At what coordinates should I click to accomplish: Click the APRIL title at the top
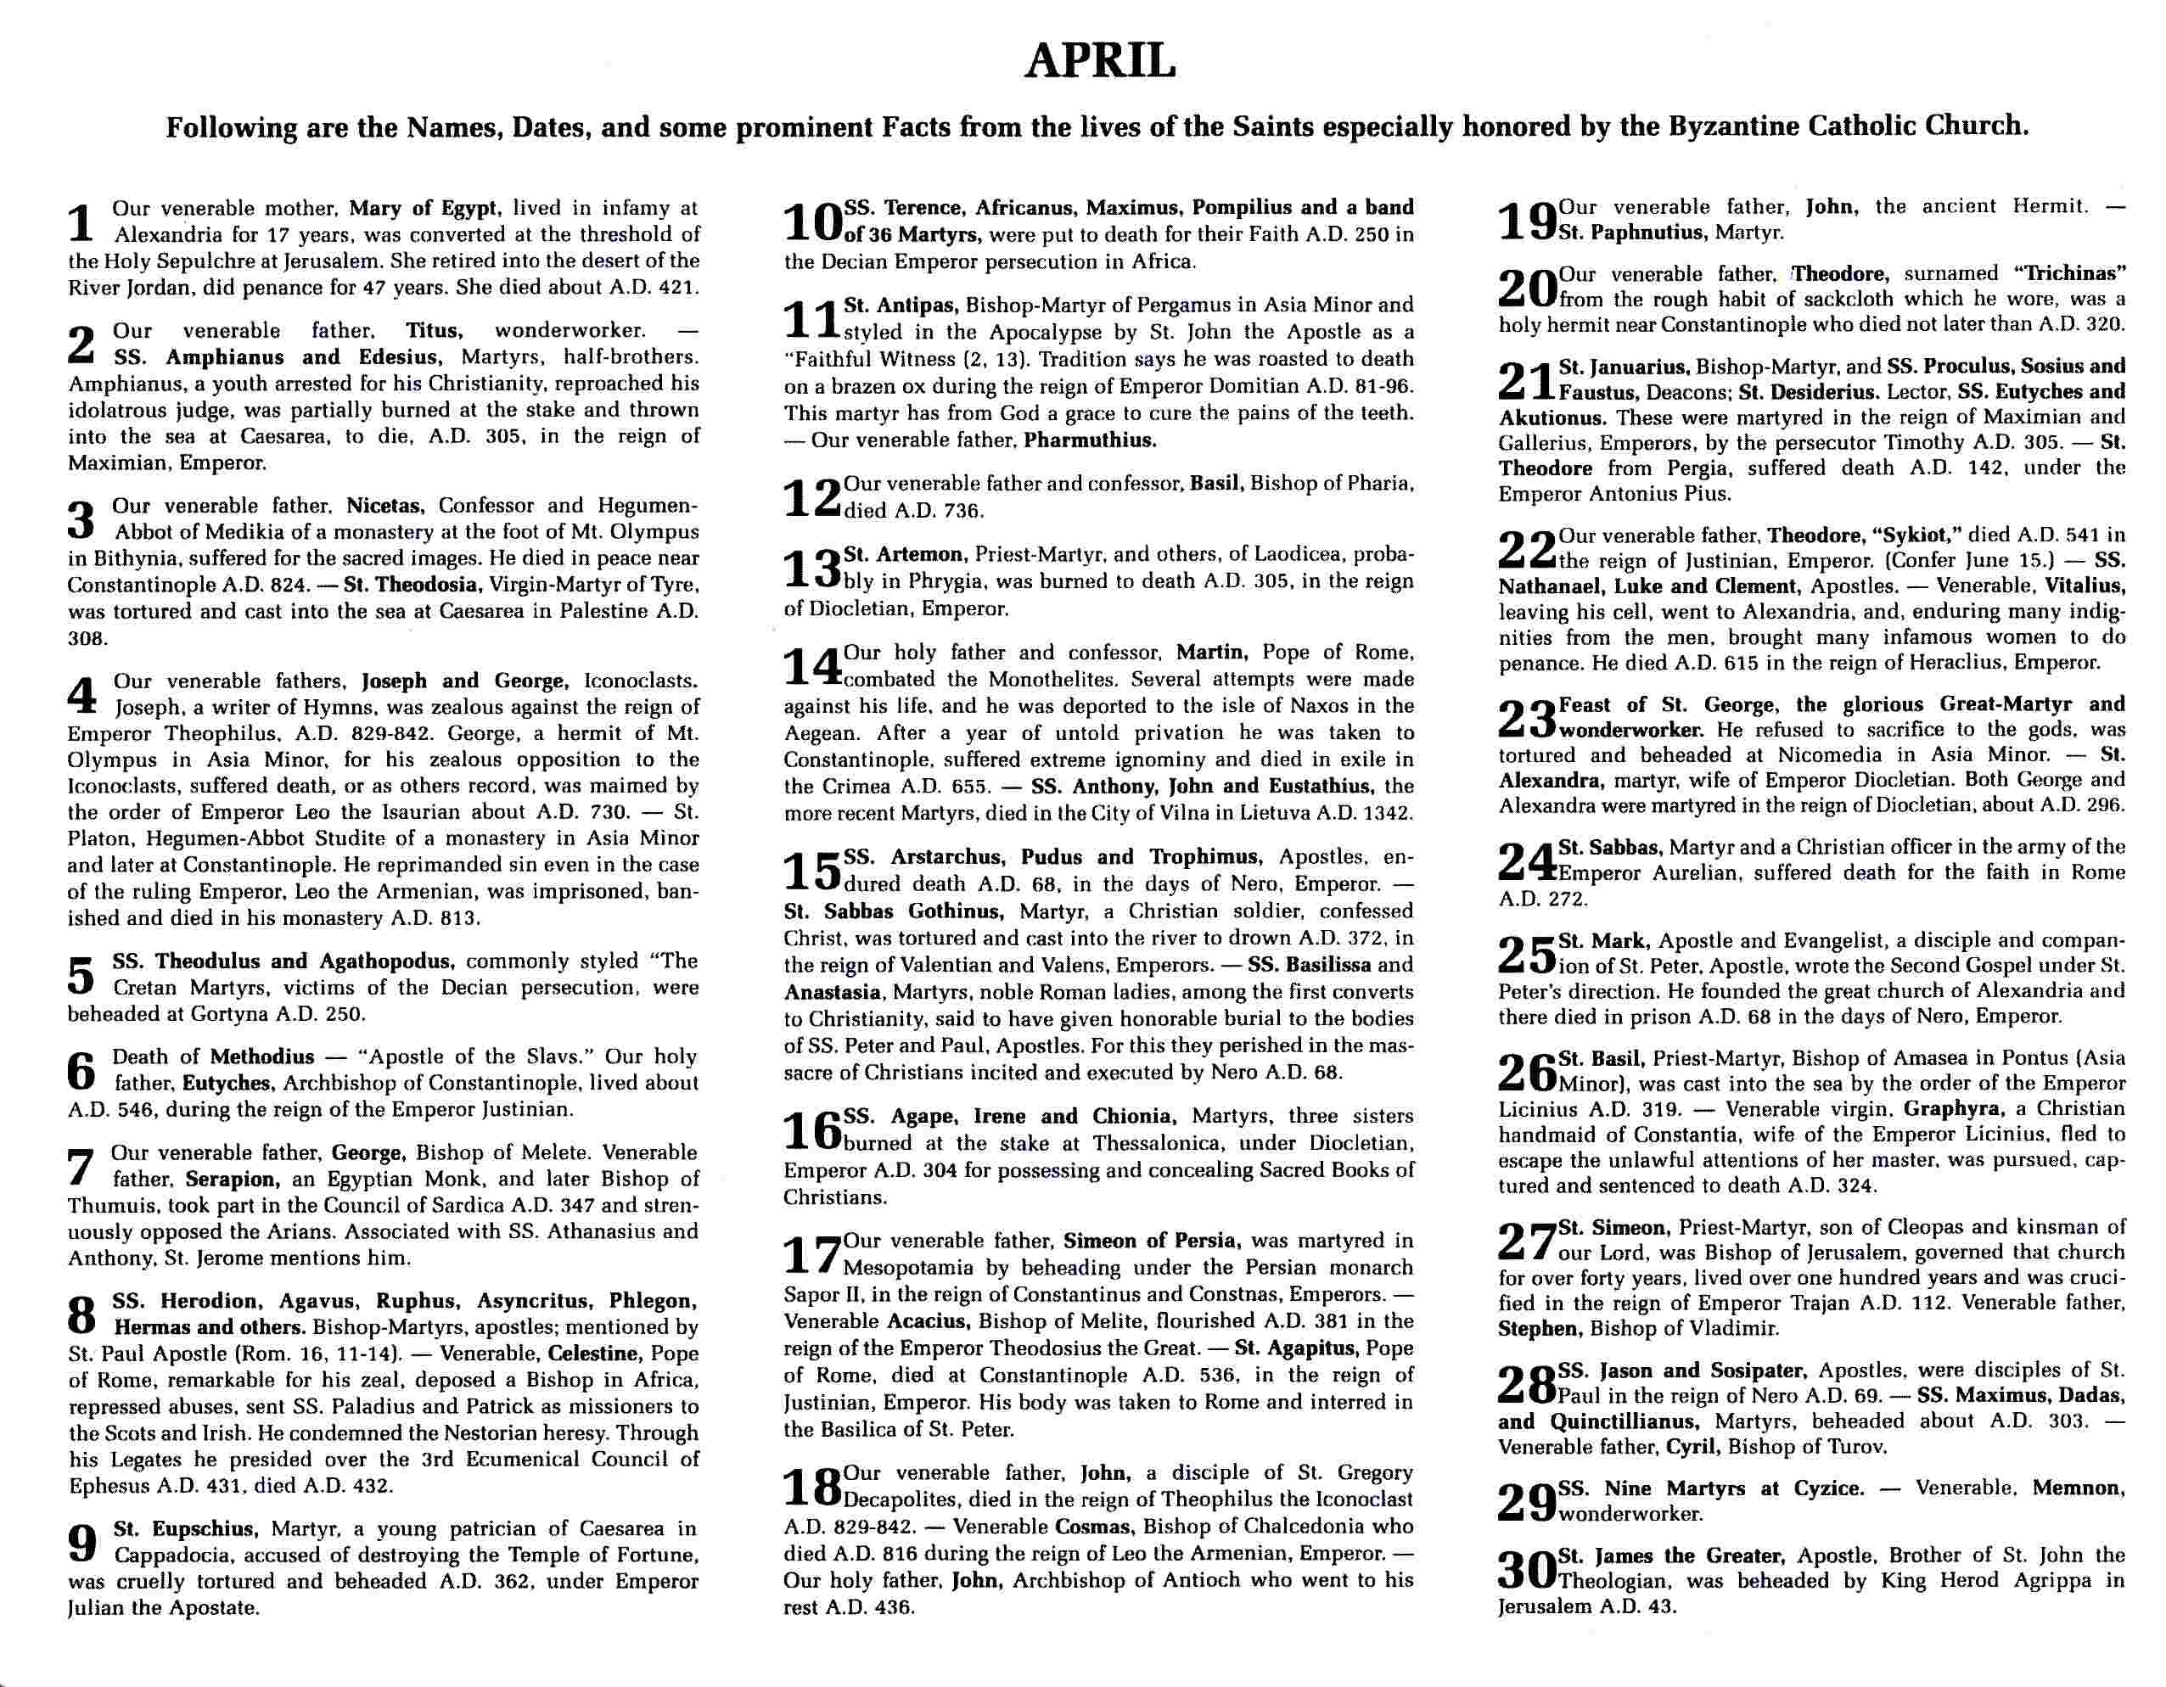(1100, 61)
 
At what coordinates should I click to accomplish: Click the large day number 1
(82, 222)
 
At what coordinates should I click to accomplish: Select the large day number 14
(812, 666)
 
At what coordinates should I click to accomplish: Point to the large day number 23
(1526, 719)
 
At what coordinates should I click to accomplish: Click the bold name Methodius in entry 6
(261, 1056)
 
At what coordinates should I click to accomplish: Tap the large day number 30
(1526, 1569)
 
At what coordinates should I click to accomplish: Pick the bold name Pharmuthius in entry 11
(1090, 440)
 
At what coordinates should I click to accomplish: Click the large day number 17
(811, 1254)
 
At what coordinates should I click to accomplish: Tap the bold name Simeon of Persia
(1149, 1241)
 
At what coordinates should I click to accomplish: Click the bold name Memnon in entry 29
(2078, 1488)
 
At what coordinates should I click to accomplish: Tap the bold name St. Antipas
(900, 305)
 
